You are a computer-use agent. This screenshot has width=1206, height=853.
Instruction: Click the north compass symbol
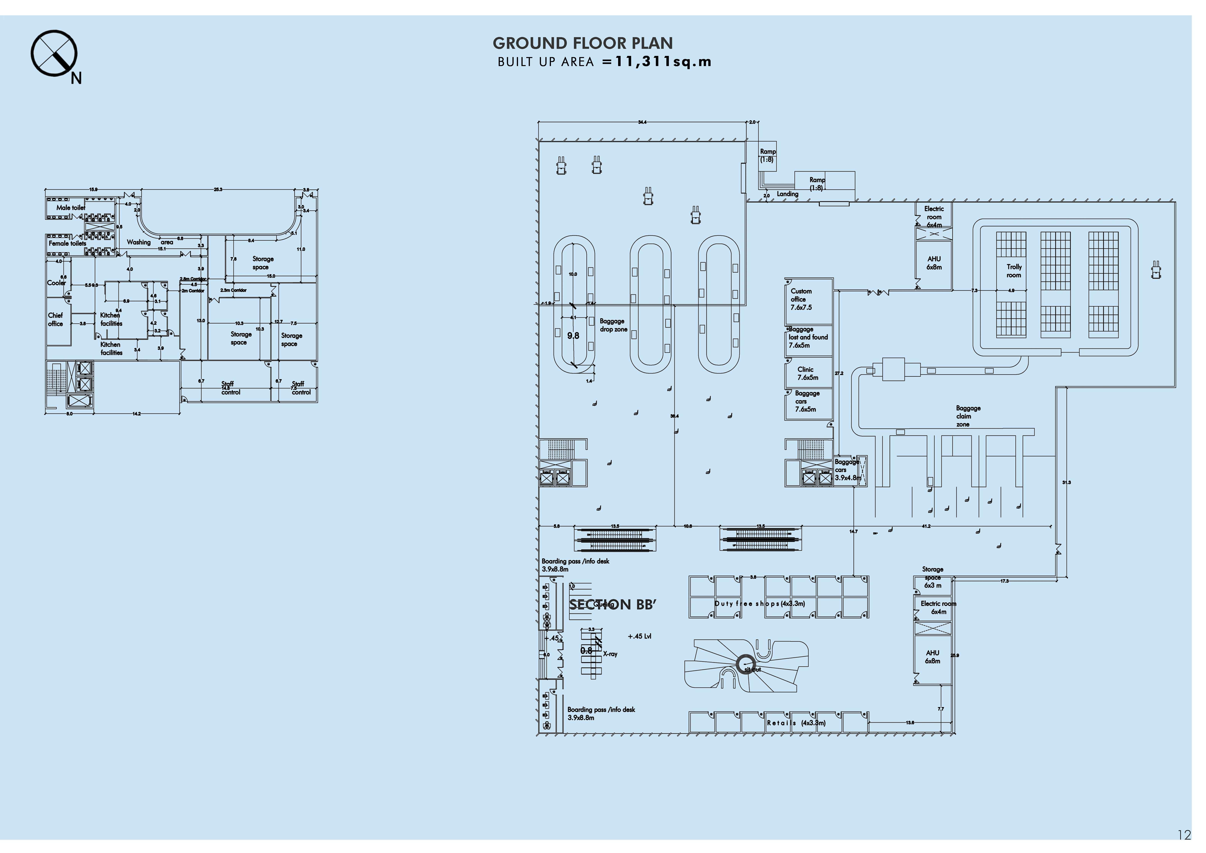pyautogui.click(x=54, y=54)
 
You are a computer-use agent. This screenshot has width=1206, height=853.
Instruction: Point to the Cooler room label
pyautogui.click(x=56, y=283)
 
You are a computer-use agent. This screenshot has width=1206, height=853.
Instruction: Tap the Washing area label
pyautogui.click(x=149, y=242)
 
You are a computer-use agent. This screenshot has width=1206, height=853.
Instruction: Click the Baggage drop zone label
pyautogui.click(x=614, y=325)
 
